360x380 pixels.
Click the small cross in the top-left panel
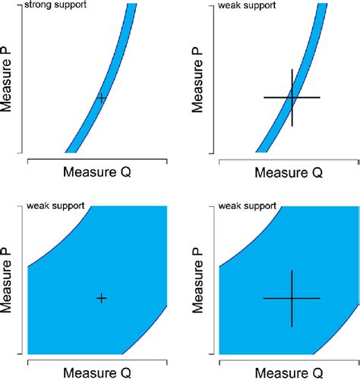pos(102,98)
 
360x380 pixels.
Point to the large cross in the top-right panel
pos(292,97)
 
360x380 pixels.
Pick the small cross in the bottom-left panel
pos(102,298)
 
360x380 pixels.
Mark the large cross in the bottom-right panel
pos(292,298)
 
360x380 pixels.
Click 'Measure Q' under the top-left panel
pos(97,173)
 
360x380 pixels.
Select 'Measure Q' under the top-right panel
pos(288,173)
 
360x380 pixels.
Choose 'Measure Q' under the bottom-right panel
pos(288,372)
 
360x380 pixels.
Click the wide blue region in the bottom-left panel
pos(76,319)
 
